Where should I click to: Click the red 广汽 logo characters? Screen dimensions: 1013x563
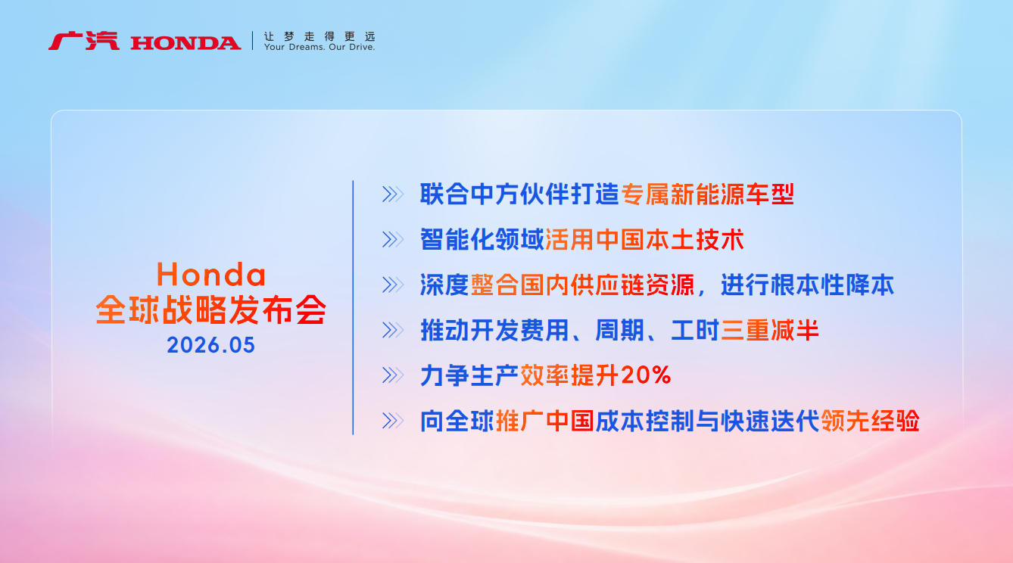[x=84, y=41]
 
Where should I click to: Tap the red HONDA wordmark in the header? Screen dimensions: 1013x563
[x=185, y=43]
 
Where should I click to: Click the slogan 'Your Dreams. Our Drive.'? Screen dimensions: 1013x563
[x=319, y=47]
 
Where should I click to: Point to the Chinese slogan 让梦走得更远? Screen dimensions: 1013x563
[x=319, y=36]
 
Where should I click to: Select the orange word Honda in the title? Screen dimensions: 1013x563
[x=210, y=274]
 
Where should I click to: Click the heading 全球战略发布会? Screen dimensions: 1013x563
[x=210, y=309]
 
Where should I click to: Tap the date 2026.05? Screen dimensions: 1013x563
[x=210, y=345]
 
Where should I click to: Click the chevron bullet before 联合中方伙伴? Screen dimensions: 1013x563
[x=392, y=194]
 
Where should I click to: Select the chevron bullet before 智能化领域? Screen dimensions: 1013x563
[x=392, y=239]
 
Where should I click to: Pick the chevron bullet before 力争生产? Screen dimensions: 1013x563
[x=392, y=375]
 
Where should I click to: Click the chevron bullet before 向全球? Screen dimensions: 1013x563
[x=392, y=421]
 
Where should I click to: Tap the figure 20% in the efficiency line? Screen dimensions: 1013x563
[x=646, y=375]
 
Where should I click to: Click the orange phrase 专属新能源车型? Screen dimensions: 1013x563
[x=708, y=194]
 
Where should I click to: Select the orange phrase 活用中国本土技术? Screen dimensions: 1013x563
[x=645, y=239]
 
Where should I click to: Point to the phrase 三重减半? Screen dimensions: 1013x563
[x=770, y=330]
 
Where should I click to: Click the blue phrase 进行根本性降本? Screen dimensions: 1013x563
[x=807, y=285]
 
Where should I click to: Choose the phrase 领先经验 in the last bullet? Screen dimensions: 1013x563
[x=870, y=421]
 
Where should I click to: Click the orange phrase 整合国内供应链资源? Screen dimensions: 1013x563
[x=582, y=285]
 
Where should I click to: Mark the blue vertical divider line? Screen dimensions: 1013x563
[x=353, y=307]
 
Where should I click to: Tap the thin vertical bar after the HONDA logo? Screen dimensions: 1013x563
[x=253, y=41]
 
